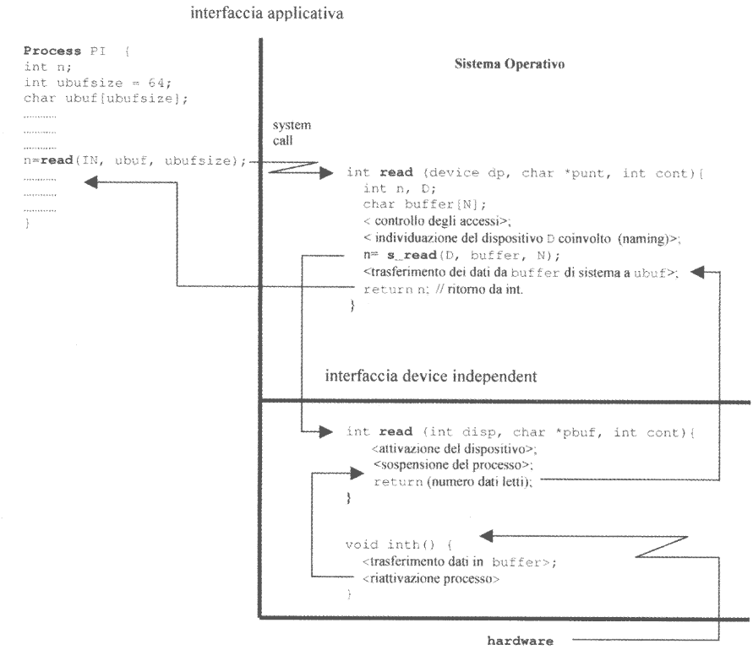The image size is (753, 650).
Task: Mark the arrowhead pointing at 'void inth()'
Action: tap(487, 535)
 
